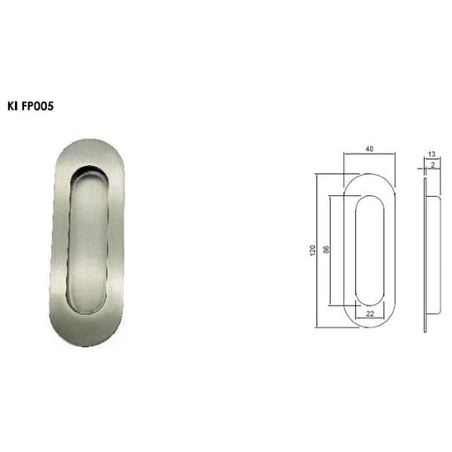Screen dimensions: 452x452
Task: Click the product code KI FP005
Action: click(31, 106)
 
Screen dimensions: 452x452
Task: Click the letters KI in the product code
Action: click(12, 106)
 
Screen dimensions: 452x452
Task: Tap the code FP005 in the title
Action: click(38, 106)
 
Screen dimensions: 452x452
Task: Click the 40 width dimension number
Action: click(370, 149)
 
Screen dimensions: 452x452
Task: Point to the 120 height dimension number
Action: click(313, 251)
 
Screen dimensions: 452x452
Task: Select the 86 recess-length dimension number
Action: click(327, 250)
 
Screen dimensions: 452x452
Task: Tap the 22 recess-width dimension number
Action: click(370, 314)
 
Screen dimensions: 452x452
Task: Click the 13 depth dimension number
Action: click(432, 154)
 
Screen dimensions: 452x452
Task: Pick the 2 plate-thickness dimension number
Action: click(433, 165)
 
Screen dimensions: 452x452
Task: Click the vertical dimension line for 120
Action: click(316, 251)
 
